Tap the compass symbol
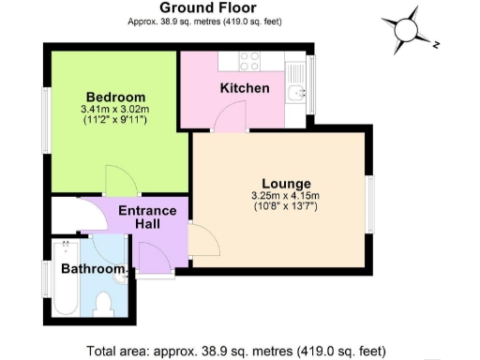[408, 29]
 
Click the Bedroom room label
[115, 97]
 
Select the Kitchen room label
[245, 89]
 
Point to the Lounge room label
[286, 183]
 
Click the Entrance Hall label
[147, 217]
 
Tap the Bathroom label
[92, 270]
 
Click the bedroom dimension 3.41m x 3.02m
[115, 110]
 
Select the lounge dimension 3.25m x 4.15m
[286, 195]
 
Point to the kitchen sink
[296, 92]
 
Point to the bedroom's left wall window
[45, 120]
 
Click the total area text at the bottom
[234, 351]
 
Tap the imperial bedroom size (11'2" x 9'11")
[115, 121]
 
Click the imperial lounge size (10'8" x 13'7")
[286, 206]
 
